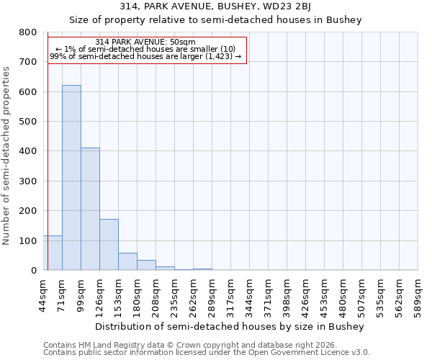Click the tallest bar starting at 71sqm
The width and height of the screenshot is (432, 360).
(71, 178)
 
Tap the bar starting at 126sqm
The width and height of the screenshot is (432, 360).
(109, 245)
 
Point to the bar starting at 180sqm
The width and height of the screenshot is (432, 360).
(146, 265)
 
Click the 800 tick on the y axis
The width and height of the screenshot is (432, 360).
(28, 32)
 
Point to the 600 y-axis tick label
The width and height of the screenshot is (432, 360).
(28, 92)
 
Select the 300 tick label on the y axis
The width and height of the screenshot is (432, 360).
(28, 181)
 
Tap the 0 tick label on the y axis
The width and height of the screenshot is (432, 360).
(33, 271)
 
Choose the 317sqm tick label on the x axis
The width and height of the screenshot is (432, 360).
(230, 294)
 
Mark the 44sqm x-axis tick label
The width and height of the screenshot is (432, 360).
(43, 294)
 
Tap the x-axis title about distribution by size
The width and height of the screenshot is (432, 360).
(230, 326)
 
